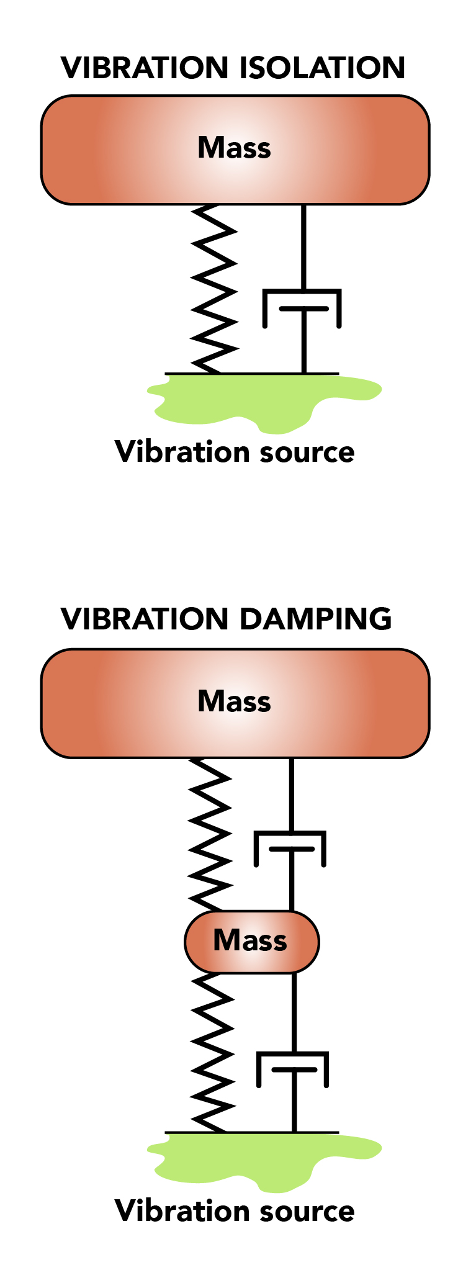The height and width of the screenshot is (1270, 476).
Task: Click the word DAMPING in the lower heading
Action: [315, 619]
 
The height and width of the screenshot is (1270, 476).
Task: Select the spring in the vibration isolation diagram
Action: [214, 289]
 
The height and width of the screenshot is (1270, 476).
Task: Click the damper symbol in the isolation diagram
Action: [303, 307]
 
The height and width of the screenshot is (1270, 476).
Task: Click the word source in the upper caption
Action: [307, 452]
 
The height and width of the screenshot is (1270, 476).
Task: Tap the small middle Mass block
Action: [251, 942]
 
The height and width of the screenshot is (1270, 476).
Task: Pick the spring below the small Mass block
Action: [213, 1052]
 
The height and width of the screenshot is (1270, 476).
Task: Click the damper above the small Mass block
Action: [290, 848]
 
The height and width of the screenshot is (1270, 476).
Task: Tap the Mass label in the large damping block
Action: [234, 701]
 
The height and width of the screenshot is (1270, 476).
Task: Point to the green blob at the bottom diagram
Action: [261, 1161]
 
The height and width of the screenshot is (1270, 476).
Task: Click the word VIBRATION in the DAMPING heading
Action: [145, 619]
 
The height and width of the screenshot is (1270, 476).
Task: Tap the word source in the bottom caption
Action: [307, 1211]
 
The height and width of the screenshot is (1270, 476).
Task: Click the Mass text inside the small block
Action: [250, 940]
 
